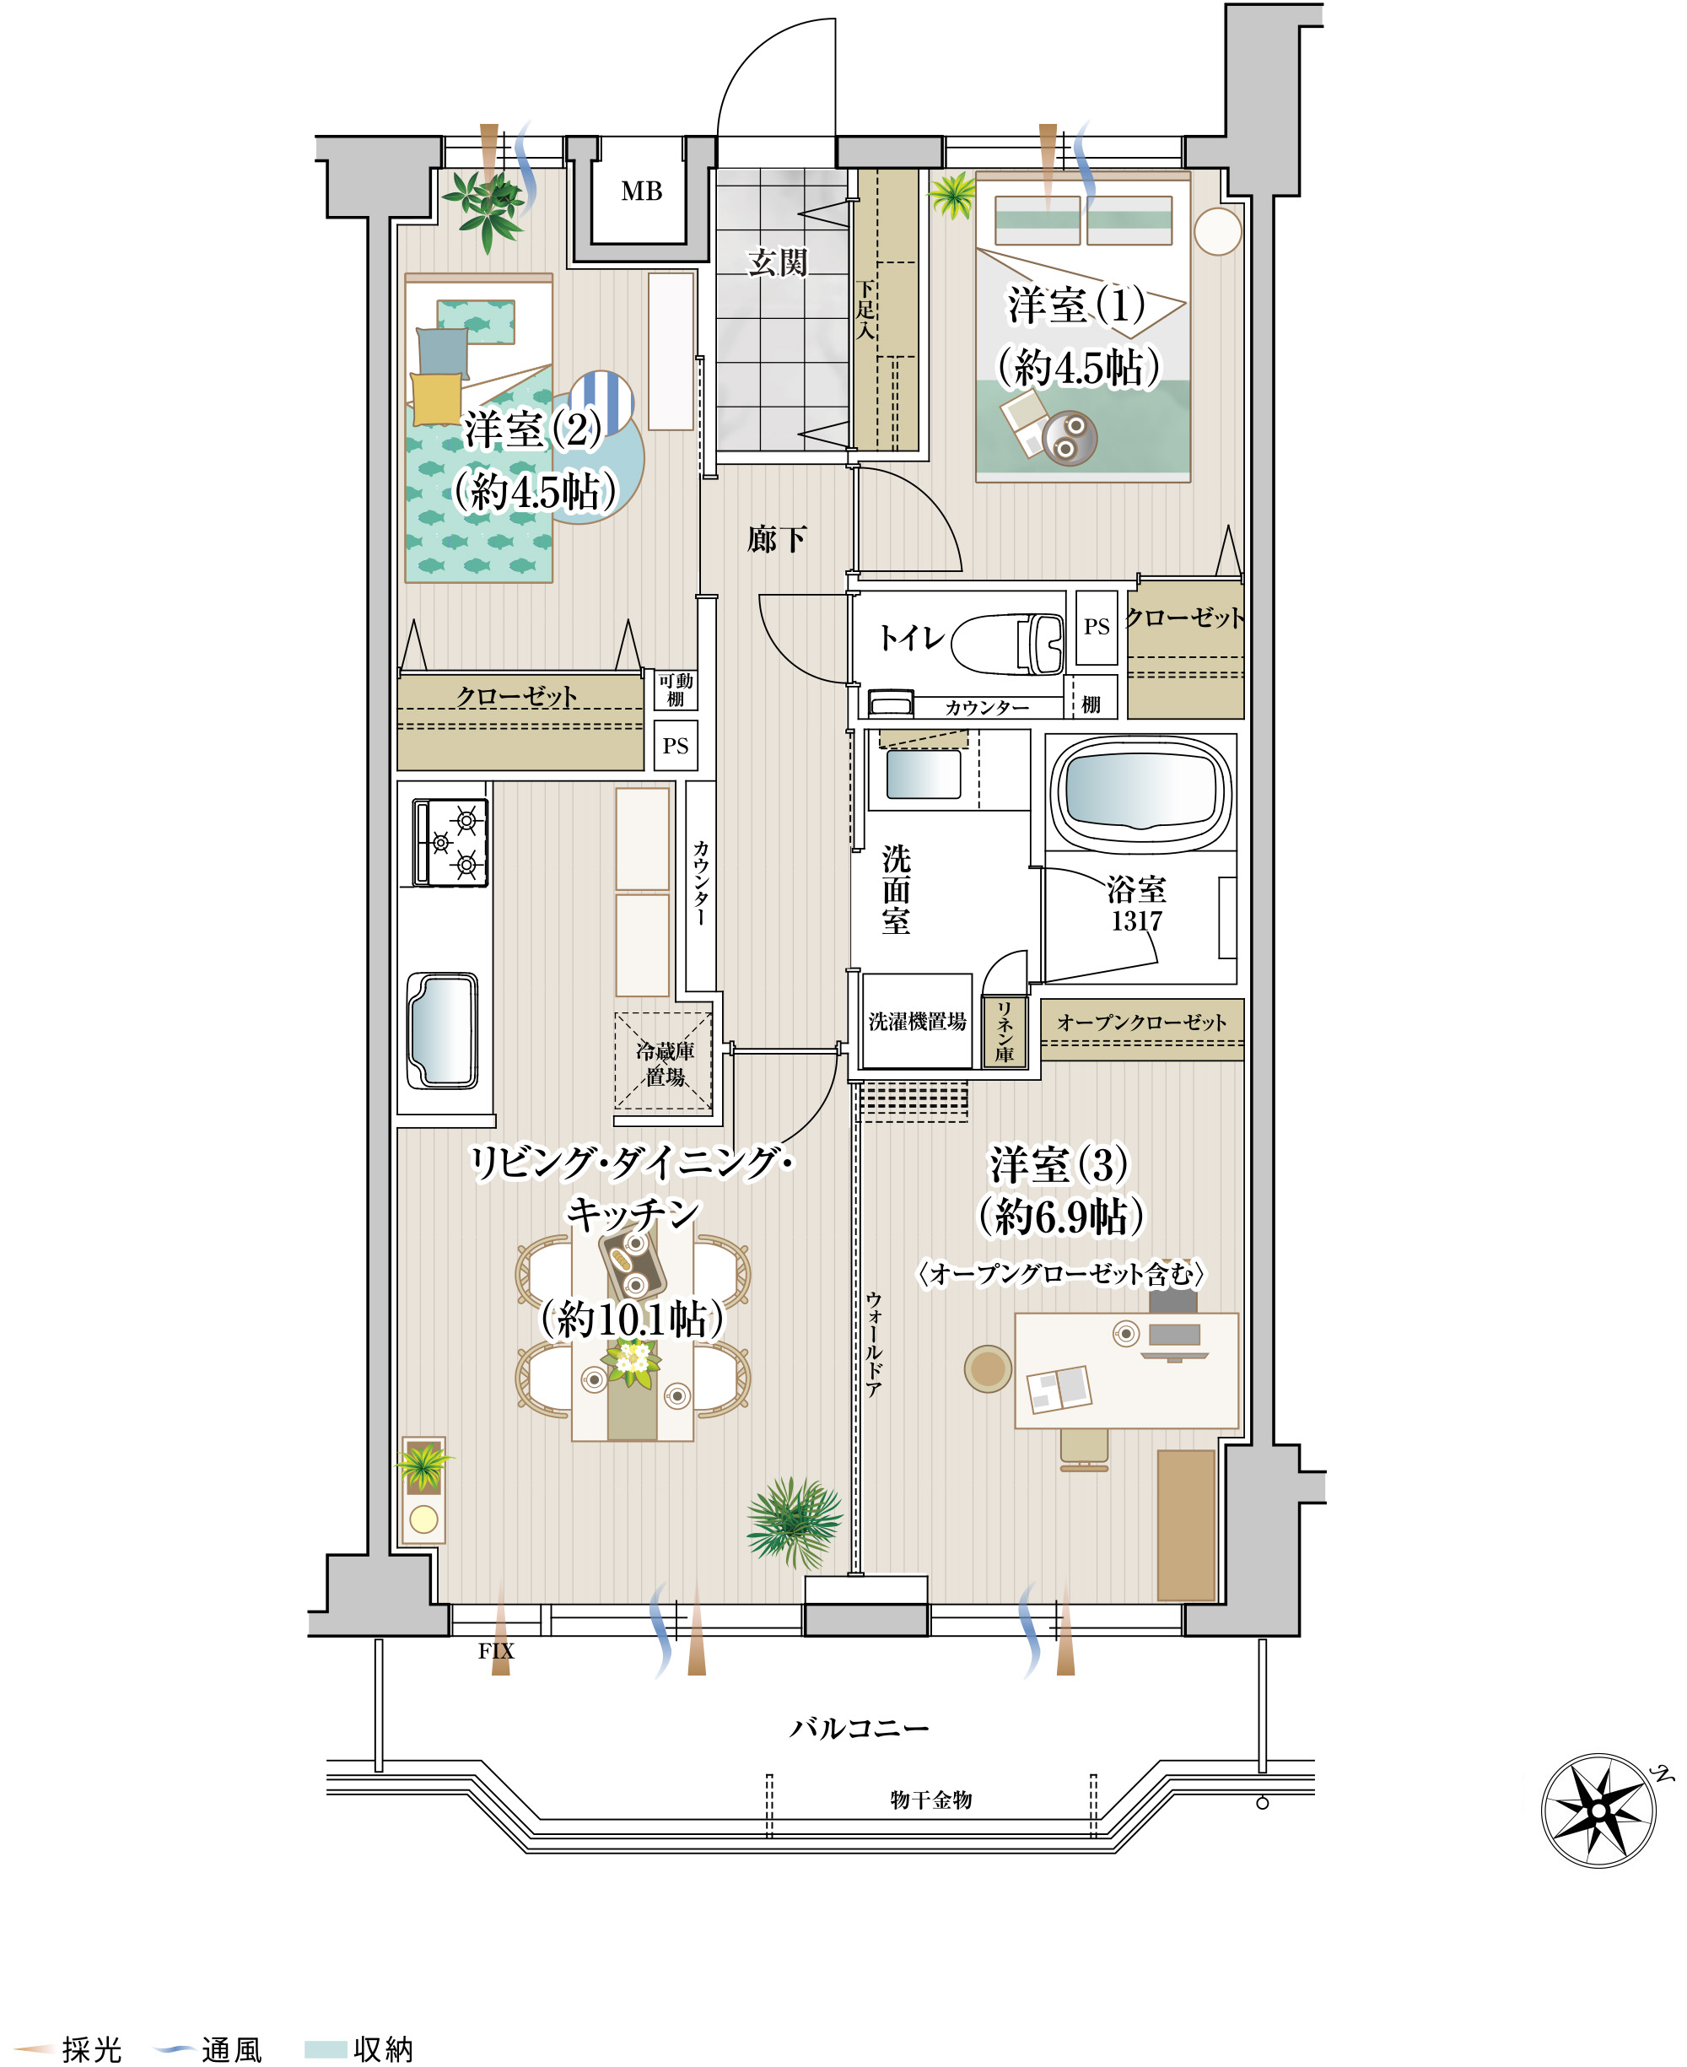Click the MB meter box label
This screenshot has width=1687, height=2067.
click(x=641, y=192)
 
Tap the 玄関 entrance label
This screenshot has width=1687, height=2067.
click(x=778, y=262)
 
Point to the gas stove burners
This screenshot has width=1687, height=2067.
click(x=450, y=843)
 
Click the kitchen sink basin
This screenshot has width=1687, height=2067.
click(x=443, y=1030)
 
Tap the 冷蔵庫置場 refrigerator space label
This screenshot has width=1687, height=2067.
click(x=665, y=1063)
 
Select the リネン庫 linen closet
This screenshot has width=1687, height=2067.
click(x=1004, y=1031)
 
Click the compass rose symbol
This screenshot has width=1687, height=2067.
click(x=1598, y=1811)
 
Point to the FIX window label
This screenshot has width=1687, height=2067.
click(x=496, y=1651)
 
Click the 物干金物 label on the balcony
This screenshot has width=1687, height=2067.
click(x=930, y=1800)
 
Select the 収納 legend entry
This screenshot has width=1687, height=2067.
click(x=359, y=2048)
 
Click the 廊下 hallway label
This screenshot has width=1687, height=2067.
click(x=777, y=538)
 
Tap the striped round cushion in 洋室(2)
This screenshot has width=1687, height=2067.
click(x=601, y=402)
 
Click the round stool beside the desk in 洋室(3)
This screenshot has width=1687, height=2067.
click(x=989, y=1368)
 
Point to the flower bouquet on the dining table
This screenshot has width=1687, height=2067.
click(x=632, y=1359)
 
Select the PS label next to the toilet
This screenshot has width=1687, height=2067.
click(x=1097, y=627)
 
